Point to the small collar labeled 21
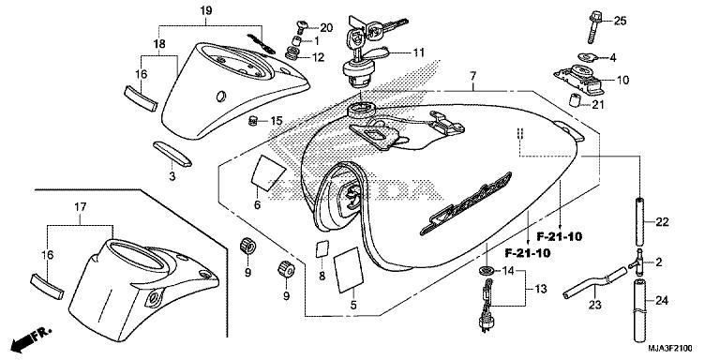pos(570,102)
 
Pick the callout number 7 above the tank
pos(474,74)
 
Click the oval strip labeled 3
pos(172,151)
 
